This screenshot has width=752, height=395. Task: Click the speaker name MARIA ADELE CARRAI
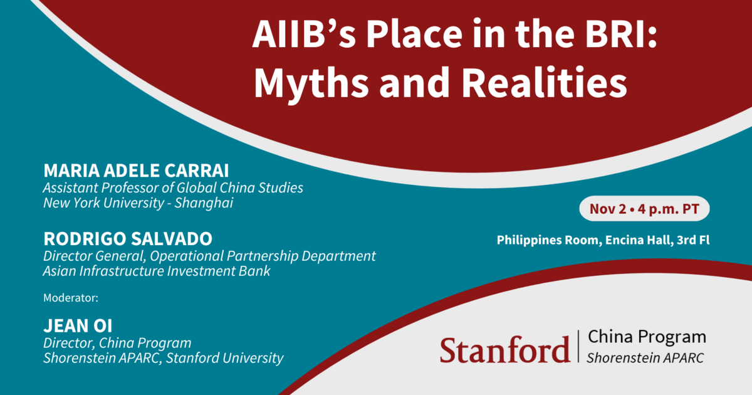145,171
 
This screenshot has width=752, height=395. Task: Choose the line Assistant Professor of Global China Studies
172,187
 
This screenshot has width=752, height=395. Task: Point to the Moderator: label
71,298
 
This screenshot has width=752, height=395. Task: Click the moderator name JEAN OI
77,326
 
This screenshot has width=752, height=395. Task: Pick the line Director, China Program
117,343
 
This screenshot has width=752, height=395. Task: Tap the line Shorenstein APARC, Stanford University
163,358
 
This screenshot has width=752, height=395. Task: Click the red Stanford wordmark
504,349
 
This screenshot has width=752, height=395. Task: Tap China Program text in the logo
647,337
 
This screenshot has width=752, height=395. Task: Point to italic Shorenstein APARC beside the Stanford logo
645,358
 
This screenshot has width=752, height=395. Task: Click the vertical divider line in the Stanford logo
578,346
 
